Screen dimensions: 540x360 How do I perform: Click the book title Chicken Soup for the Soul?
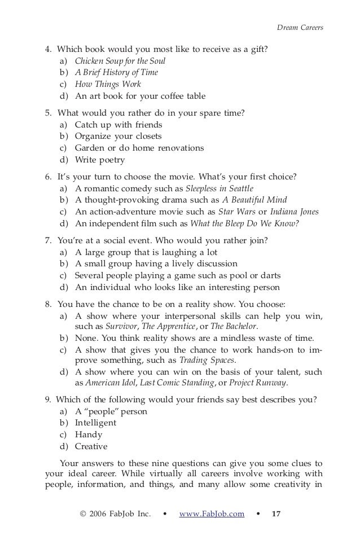[120, 61]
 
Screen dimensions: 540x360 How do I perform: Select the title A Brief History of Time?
[117, 73]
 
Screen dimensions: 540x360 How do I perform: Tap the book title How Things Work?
[108, 85]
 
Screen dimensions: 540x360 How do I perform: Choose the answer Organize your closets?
[118, 136]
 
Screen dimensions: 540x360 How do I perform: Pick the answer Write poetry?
[100, 160]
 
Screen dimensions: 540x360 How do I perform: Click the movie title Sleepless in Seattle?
[219, 188]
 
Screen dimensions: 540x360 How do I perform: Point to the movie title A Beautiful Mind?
[254, 200]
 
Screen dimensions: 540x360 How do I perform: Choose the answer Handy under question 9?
[89, 434]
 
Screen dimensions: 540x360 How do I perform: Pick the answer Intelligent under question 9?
[96, 423]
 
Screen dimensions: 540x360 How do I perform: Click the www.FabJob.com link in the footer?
[212, 513]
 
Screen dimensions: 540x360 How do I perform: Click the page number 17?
[276, 513]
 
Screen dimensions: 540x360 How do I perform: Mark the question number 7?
[48, 240]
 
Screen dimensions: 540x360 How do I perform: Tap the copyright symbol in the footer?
[84, 513]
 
